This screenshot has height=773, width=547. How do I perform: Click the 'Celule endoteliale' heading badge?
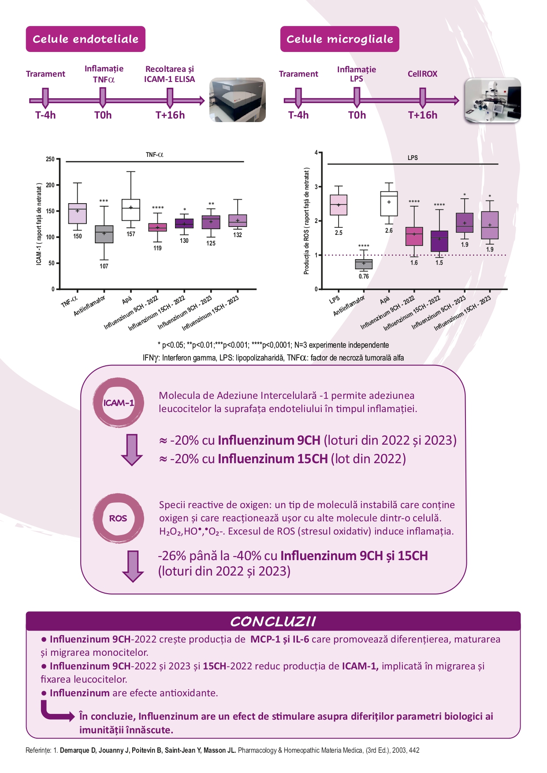86,39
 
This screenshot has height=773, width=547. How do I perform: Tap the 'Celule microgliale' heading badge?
340,39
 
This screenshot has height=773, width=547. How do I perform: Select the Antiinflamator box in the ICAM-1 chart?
104,234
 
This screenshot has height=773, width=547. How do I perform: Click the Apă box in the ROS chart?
389,204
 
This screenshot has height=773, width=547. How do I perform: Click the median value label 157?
131,234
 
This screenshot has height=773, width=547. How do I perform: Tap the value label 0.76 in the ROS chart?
364,276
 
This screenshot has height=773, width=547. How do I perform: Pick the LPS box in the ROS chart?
339,205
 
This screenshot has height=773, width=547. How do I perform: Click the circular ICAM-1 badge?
118,402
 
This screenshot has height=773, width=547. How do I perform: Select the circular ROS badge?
118,518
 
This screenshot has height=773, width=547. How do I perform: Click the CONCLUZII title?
273,621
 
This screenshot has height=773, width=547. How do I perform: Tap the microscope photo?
493,100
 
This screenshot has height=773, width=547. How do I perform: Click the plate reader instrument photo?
238,100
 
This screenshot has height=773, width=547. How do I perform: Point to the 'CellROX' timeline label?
422,74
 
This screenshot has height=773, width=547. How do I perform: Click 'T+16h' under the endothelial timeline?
170,115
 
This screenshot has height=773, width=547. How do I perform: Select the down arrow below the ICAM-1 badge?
132,450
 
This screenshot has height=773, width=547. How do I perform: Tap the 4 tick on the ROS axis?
316,152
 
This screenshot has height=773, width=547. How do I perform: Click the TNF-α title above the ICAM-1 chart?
155,155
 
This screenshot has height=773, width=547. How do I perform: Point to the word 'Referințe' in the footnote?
38,750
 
